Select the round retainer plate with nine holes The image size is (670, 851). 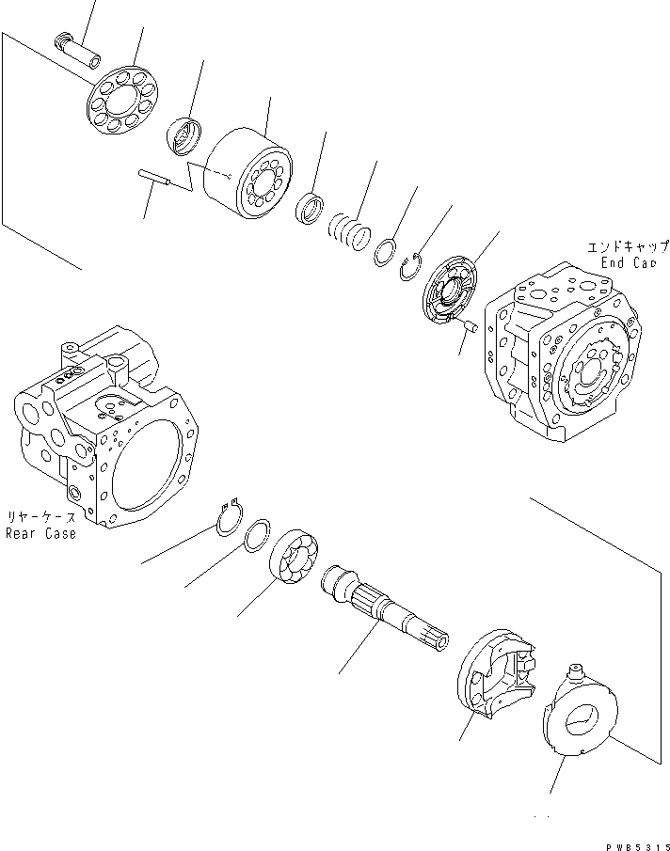click(123, 100)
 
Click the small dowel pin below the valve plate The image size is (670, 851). click(471, 326)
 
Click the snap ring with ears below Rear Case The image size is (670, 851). click(229, 518)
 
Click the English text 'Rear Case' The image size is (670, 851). click(40, 533)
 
